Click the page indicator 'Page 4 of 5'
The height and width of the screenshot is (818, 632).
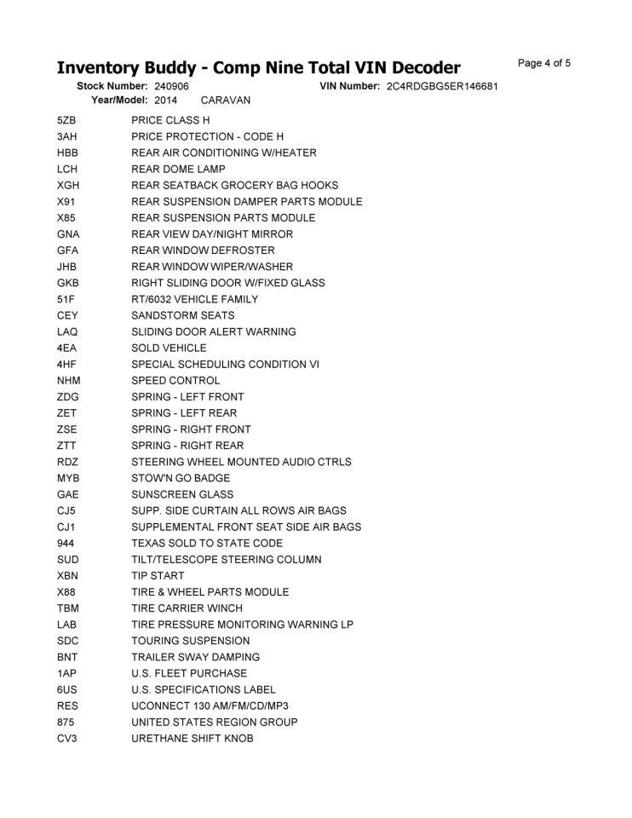(543, 63)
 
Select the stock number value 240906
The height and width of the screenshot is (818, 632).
(172, 87)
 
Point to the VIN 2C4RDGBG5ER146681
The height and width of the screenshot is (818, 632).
(441, 87)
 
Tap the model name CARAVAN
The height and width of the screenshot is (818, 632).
(226, 101)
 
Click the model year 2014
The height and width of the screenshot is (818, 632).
(166, 101)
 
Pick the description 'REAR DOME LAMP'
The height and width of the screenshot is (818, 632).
(178, 169)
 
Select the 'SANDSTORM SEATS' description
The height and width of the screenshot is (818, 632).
(183, 315)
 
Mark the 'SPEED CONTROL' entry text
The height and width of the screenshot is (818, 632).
(175, 381)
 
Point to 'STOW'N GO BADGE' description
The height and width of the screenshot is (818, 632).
(181, 478)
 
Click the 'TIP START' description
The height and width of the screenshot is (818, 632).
(158, 576)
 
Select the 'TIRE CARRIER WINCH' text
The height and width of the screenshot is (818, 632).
(187, 608)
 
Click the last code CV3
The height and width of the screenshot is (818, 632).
(67, 739)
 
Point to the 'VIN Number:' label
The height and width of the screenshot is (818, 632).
(349, 87)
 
